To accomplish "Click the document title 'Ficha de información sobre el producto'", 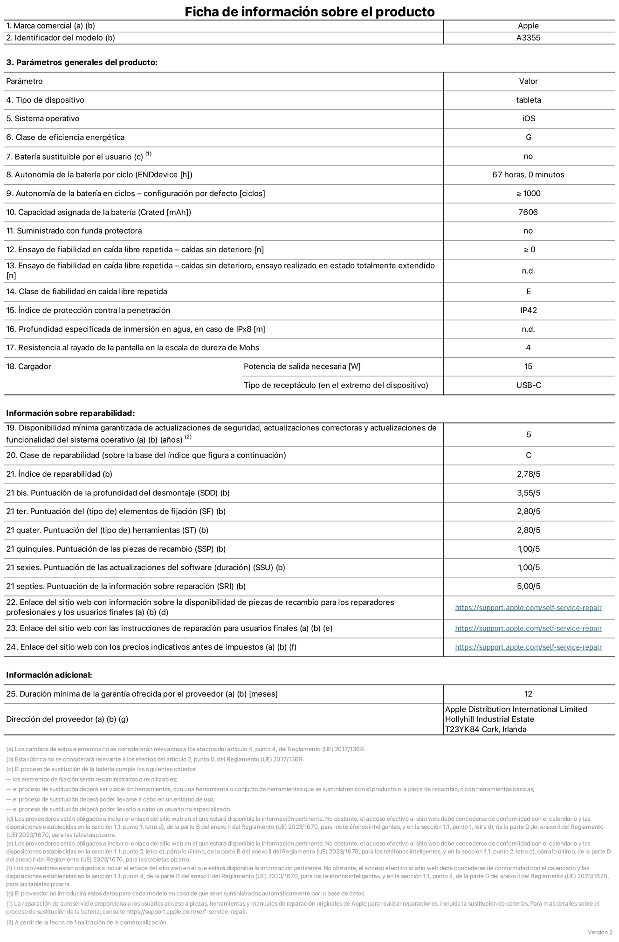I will [309, 12].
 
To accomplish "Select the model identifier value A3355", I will [528, 38].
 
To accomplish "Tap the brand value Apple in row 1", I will [528, 26].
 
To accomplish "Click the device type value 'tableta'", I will [528, 100].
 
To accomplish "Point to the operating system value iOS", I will [528, 119].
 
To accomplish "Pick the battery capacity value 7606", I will [528, 213].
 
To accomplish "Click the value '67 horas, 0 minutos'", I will [528, 175].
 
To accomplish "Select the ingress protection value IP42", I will [528, 311].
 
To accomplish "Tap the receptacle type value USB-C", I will [528, 386].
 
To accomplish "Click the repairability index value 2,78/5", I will [528, 474].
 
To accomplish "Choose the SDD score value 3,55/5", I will [528, 493].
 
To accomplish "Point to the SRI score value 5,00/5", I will [528, 587].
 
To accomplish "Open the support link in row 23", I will [528, 629].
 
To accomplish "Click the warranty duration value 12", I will [528, 694].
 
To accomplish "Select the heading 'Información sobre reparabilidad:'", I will [70, 414].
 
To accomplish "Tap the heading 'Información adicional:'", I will [49, 675].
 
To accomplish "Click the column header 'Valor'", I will [528, 82].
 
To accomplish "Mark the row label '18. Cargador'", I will [28, 367].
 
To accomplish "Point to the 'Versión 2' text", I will [600, 932].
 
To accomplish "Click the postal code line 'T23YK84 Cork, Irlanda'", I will [486, 730].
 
